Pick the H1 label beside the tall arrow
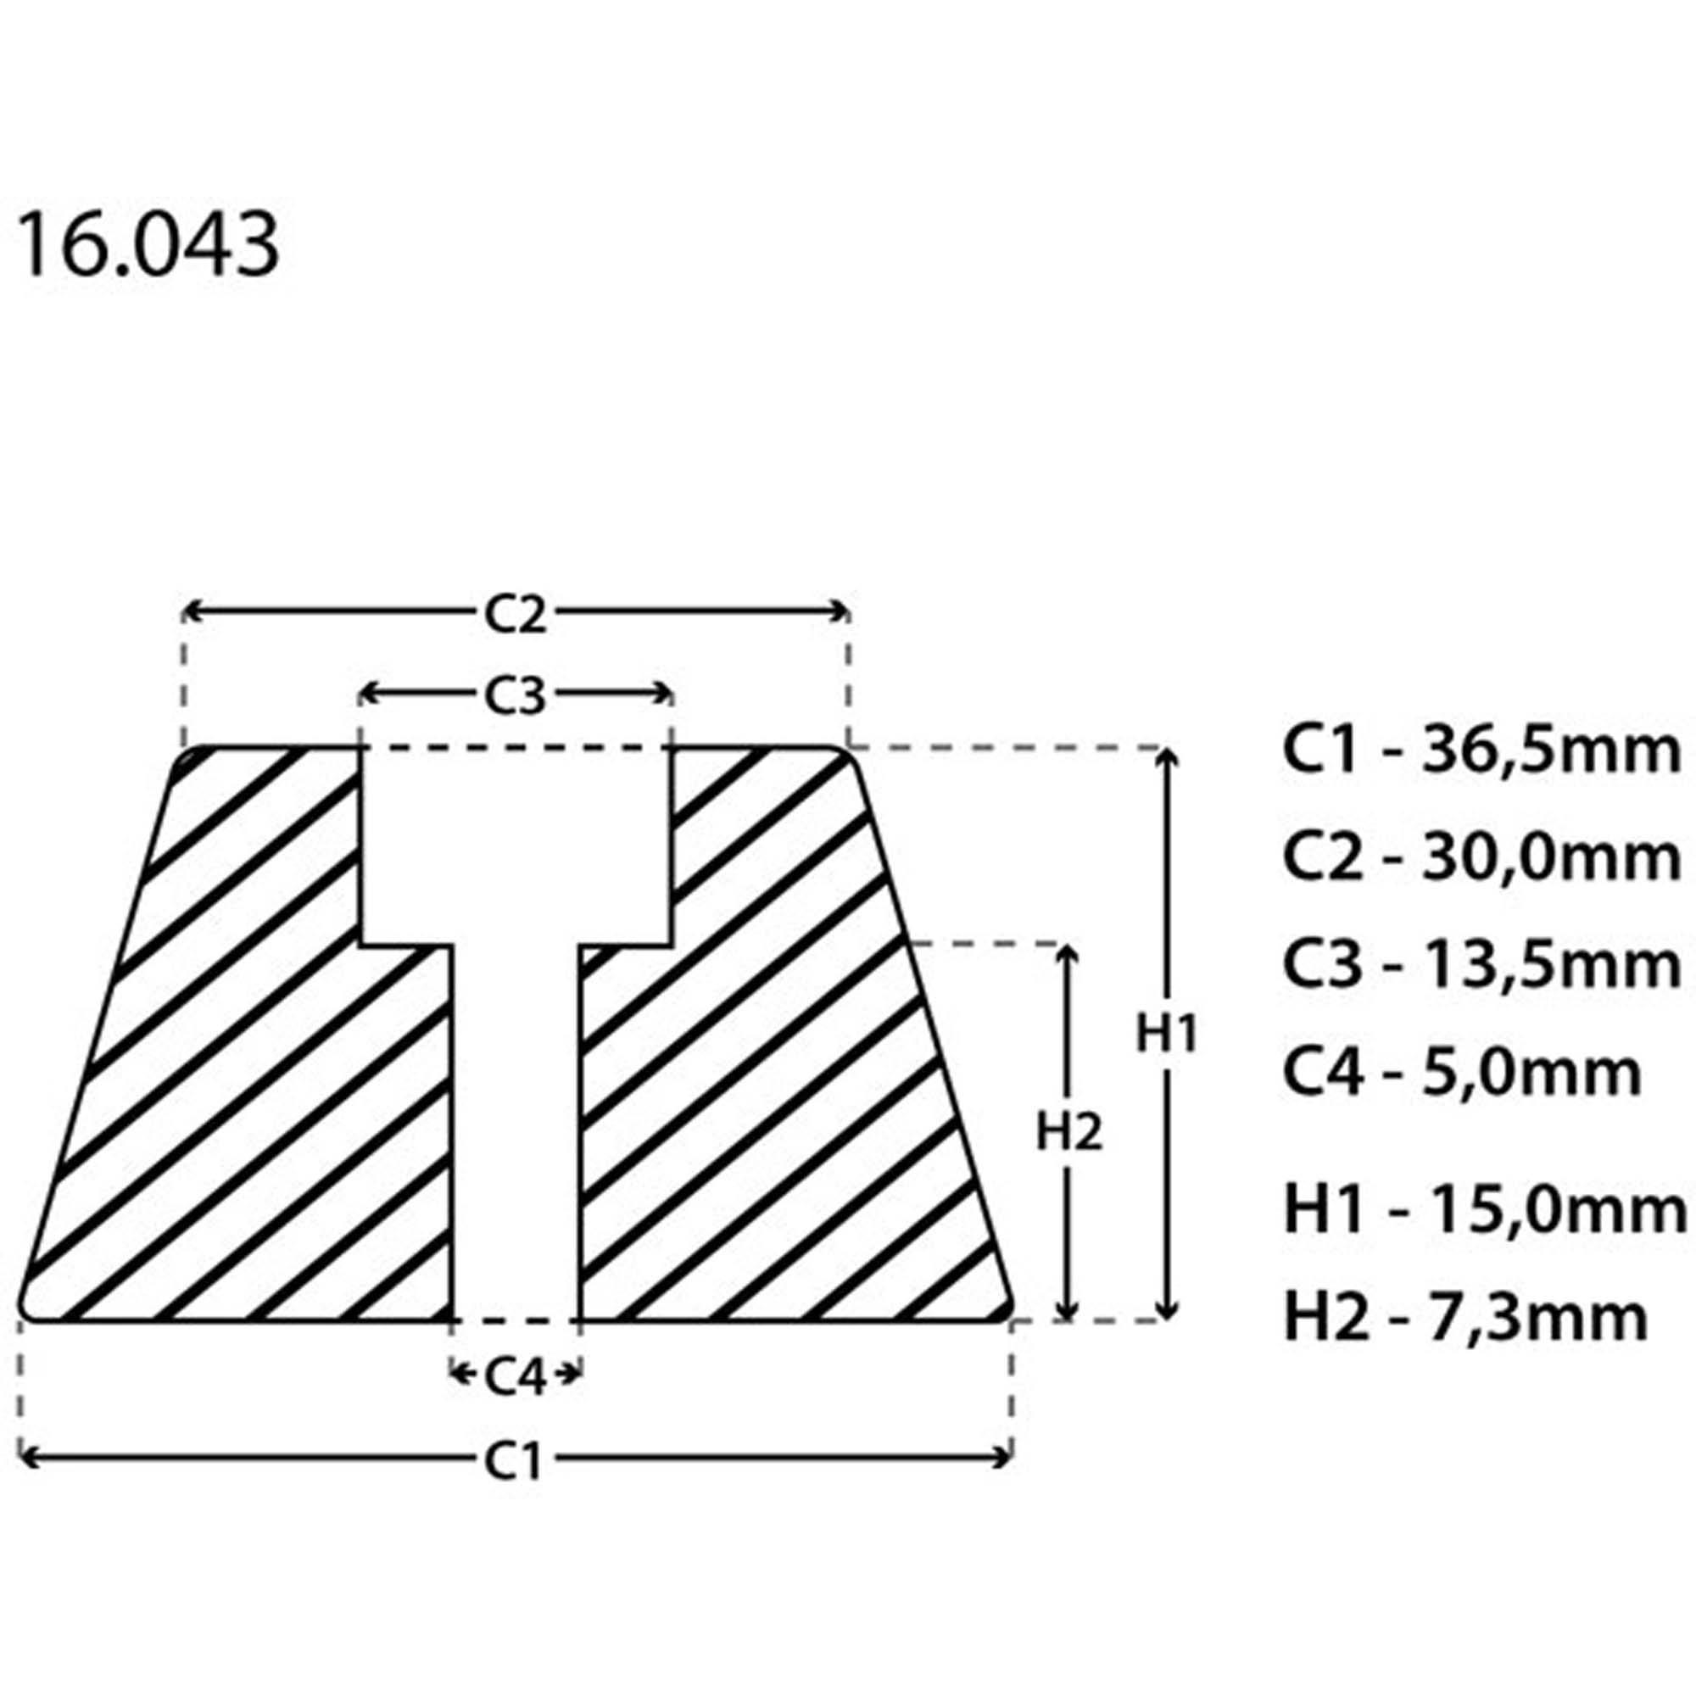click(1167, 1033)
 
